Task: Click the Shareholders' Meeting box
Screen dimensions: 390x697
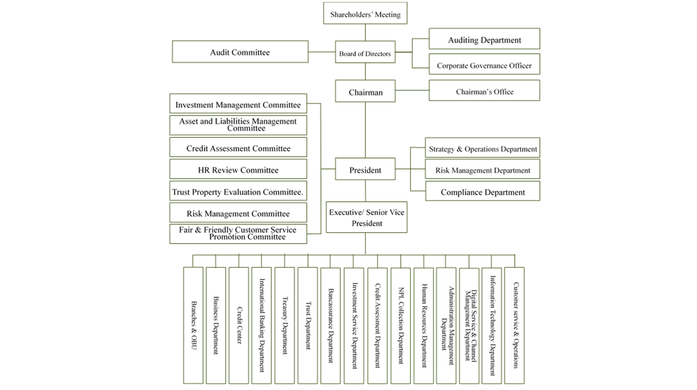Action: point(365,13)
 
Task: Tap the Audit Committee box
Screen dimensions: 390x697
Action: point(240,52)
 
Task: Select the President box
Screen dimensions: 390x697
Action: point(365,169)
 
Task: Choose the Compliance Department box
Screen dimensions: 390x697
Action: point(483,191)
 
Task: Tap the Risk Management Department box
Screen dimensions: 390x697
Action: point(483,169)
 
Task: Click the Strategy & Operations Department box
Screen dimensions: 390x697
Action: point(483,148)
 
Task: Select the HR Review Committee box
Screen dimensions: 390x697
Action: point(238,169)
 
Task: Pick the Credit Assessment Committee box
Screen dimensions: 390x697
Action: point(238,147)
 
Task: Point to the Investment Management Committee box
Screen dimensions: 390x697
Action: point(238,104)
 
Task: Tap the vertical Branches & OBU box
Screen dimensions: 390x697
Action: point(193,325)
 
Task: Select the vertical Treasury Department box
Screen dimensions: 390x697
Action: point(284,325)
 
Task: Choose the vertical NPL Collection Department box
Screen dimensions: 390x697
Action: point(400,325)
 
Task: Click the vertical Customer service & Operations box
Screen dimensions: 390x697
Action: point(514,325)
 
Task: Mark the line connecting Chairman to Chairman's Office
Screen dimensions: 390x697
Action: point(412,91)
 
